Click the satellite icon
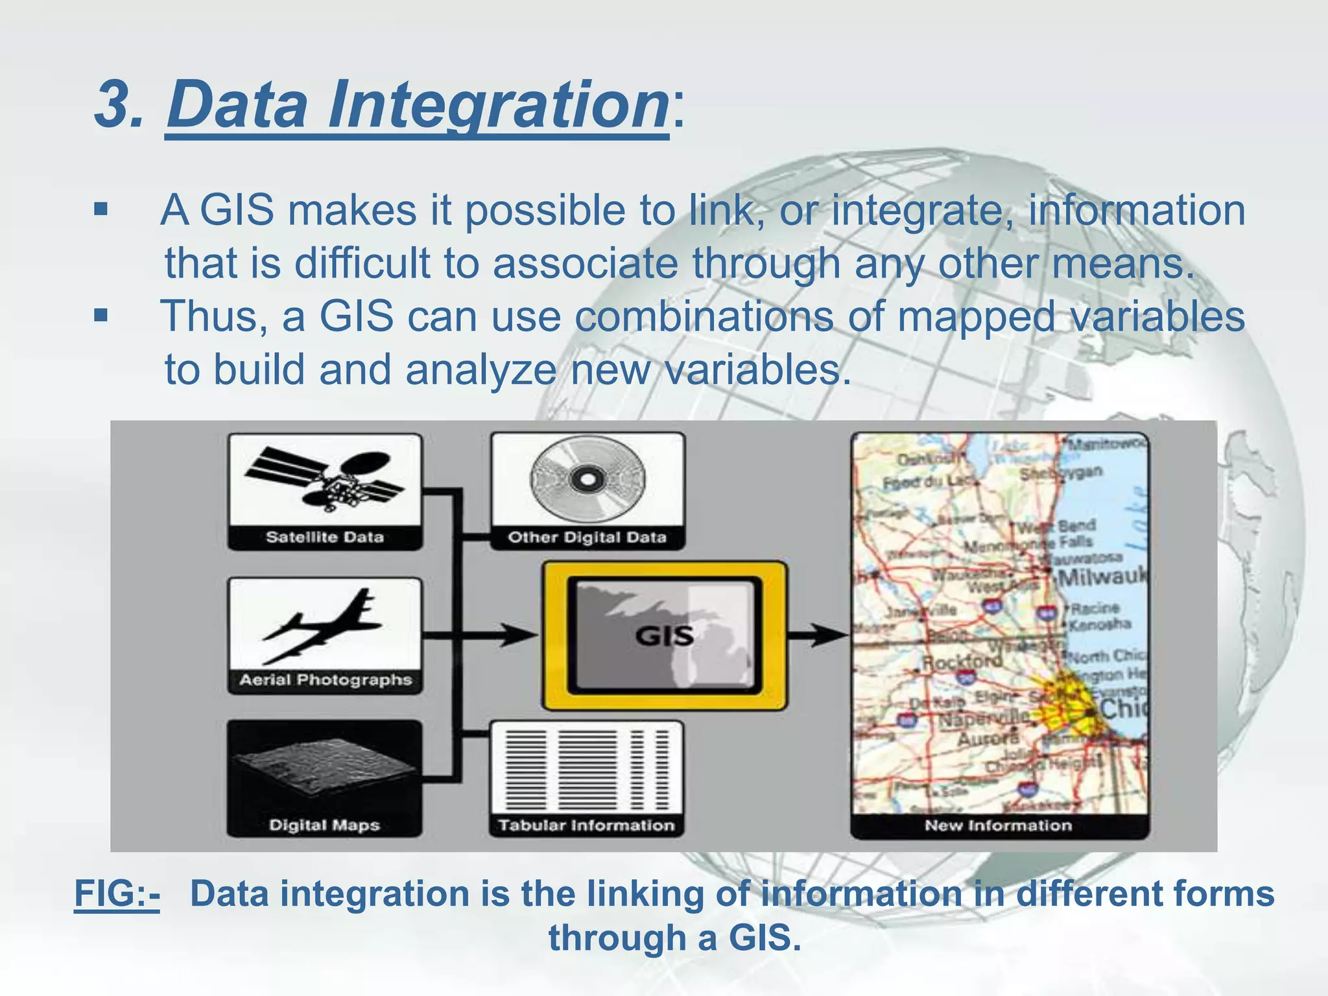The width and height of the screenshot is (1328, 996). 324,479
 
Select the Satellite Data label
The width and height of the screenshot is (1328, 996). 324,537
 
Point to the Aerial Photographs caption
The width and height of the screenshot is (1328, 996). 326,680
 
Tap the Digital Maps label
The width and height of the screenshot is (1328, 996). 324,825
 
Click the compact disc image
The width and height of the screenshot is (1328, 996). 587,479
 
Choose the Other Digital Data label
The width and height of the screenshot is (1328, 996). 587,537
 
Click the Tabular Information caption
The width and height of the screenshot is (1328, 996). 586,825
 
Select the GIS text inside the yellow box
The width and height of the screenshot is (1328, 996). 664,635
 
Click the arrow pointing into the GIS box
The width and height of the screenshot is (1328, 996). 512,635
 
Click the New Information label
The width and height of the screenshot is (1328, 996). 998,825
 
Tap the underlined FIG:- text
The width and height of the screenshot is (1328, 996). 117,894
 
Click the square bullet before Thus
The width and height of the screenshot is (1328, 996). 101,316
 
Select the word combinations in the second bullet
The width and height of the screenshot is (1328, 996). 704,316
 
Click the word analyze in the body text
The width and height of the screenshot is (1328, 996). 480,370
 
